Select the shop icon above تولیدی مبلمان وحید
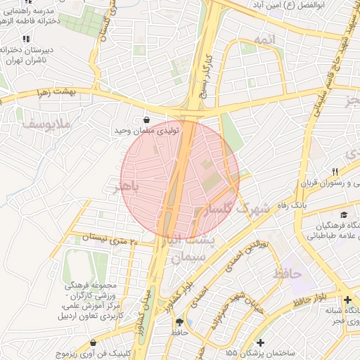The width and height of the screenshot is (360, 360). coord(146,120)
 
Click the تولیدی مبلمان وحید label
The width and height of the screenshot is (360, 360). coord(148,131)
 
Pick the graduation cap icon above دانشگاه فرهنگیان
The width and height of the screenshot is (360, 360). coord(344,215)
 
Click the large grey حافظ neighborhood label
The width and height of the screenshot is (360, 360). coord(290,272)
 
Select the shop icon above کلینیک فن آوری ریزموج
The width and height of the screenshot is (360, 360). coord(93,343)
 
